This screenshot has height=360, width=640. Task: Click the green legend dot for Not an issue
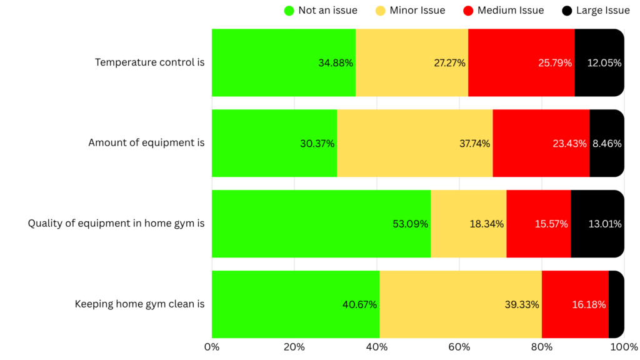289,10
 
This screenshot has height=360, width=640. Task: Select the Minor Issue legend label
417,10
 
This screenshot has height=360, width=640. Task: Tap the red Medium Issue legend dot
468,10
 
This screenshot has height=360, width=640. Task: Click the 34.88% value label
336,62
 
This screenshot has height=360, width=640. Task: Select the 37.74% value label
474,143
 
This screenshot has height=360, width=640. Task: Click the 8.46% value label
607,143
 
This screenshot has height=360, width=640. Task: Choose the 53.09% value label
411,224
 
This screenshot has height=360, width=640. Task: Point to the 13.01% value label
605,224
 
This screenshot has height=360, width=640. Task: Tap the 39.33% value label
522,304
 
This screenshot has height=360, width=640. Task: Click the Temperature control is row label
149,62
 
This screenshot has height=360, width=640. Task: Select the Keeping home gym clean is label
139,304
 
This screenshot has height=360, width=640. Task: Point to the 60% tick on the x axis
459,346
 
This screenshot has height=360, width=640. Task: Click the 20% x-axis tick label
294,346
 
